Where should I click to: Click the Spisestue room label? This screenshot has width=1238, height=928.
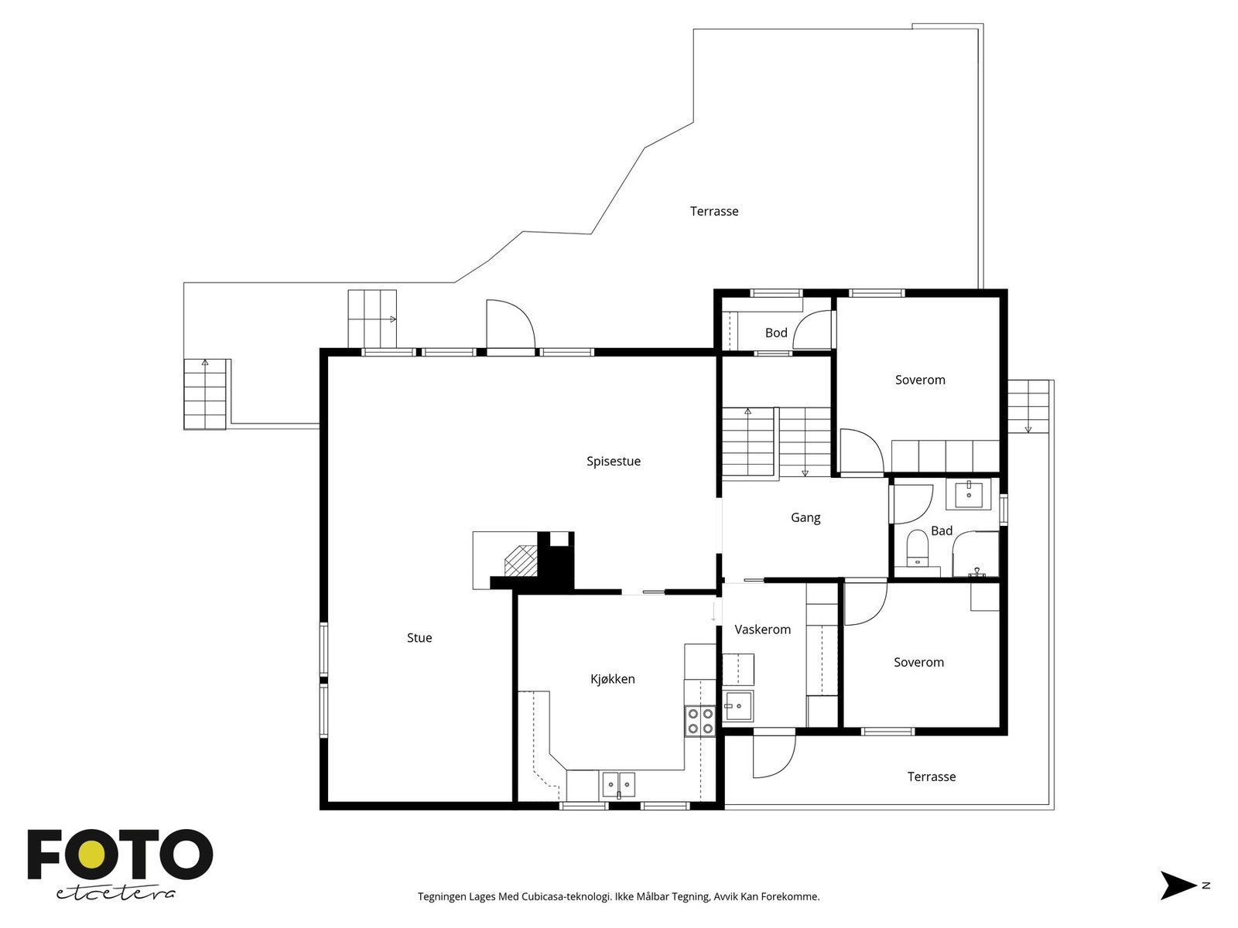[613, 462]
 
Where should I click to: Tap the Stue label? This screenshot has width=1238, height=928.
[419, 638]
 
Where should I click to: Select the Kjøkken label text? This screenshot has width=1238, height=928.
[613, 679]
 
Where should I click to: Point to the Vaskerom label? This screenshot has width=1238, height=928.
[762, 629]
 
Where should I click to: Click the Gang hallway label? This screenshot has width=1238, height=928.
[805, 518]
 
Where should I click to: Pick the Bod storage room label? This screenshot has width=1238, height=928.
[776, 333]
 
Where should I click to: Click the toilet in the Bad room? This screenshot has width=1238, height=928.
[918, 547]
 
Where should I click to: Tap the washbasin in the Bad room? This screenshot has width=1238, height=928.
[969, 495]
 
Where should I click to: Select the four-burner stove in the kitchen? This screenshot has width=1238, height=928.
[700, 722]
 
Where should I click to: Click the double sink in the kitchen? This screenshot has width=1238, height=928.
[619, 784]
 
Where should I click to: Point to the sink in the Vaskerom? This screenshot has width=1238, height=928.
[738, 705]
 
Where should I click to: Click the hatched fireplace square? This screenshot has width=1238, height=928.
[521, 561]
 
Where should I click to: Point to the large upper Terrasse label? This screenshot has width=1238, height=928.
[714, 211]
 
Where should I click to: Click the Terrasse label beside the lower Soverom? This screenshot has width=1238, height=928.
[931, 776]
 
